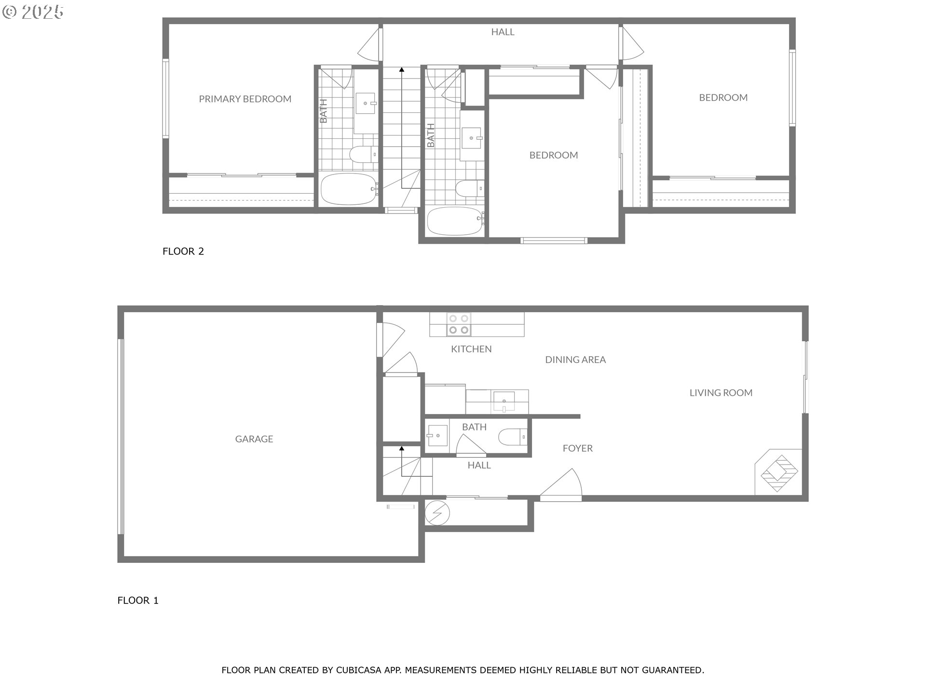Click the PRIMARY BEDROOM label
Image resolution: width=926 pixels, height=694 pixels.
tap(245, 99)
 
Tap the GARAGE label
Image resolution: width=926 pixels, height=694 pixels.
tap(254, 439)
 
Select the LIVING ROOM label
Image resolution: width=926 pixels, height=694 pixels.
tap(721, 393)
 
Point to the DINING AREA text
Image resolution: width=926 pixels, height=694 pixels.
tap(575, 360)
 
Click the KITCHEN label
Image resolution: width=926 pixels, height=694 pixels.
tap(471, 349)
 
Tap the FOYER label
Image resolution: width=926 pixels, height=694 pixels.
tap(578, 448)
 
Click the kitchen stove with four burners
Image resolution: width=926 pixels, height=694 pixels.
tap(459, 324)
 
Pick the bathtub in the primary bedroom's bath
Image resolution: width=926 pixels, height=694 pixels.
tap(349, 189)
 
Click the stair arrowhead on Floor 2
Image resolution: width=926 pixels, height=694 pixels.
tap(401, 70)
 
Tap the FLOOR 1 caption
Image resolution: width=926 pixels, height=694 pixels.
tap(138, 601)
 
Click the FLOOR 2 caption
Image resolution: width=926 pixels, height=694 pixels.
tap(183, 251)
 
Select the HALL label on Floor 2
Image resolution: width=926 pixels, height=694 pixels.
tap(503, 32)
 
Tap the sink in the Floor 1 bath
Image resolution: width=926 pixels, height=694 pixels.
tap(437, 436)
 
